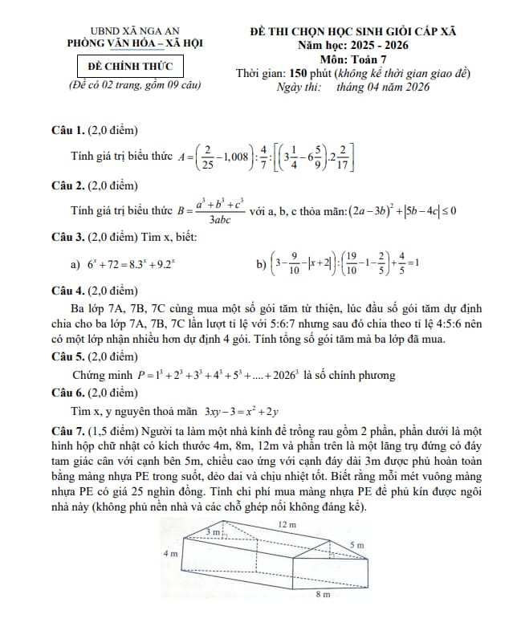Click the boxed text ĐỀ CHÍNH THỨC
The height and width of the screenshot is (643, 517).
pyautogui.click(x=135, y=65)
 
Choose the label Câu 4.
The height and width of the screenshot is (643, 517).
pyautogui.click(x=67, y=290)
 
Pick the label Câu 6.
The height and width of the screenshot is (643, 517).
pyautogui.click(x=67, y=393)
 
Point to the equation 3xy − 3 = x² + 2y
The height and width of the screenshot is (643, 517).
pyautogui.click(x=241, y=412)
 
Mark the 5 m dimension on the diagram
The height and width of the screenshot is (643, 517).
pyautogui.click(x=356, y=545)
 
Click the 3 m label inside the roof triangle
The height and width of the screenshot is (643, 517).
pyautogui.click(x=213, y=532)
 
